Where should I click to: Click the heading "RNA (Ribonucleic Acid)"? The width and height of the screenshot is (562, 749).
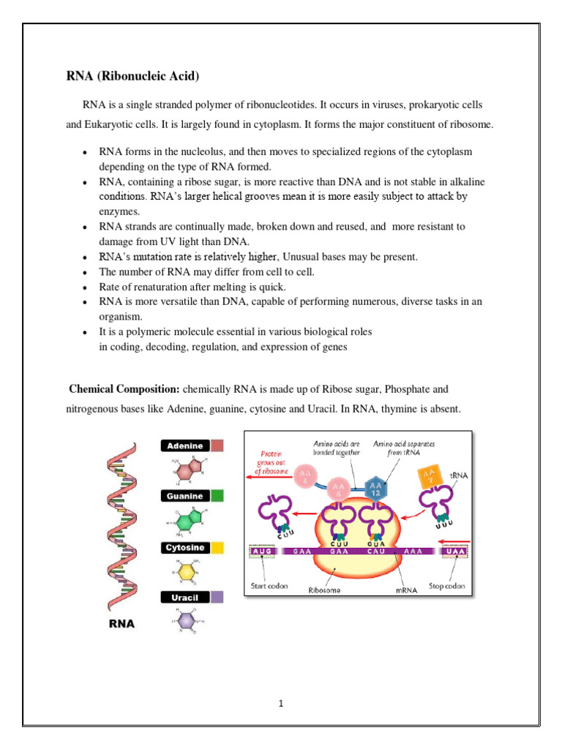[x=132, y=77]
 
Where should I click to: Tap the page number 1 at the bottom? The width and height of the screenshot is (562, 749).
[x=281, y=704]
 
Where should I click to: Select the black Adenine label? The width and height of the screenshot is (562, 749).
[x=185, y=445]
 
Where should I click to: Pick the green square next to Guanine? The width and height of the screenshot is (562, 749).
[x=217, y=496]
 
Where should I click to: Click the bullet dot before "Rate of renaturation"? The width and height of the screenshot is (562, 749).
[x=86, y=287]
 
